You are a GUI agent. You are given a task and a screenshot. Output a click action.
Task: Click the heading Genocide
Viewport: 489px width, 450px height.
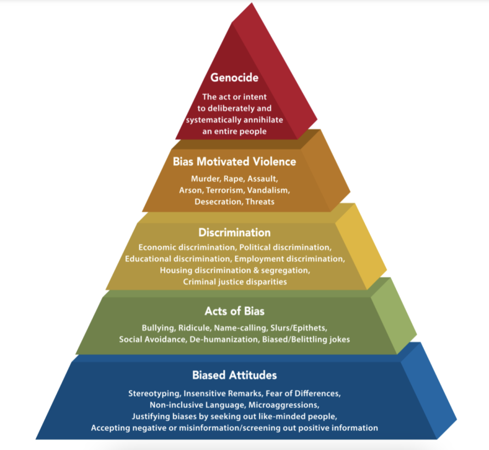pyautogui.click(x=234, y=77)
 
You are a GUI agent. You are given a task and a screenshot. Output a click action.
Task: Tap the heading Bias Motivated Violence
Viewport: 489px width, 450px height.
pyautogui.click(x=234, y=161)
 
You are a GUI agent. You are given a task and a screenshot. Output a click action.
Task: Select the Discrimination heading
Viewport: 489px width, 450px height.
pyautogui.click(x=234, y=233)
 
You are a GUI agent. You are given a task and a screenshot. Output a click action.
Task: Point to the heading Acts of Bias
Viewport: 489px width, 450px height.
pyautogui.click(x=234, y=311)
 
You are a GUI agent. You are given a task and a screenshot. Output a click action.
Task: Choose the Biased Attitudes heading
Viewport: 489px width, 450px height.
pyautogui.click(x=234, y=375)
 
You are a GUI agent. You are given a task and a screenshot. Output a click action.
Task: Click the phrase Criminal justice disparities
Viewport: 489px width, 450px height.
pyautogui.click(x=234, y=282)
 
